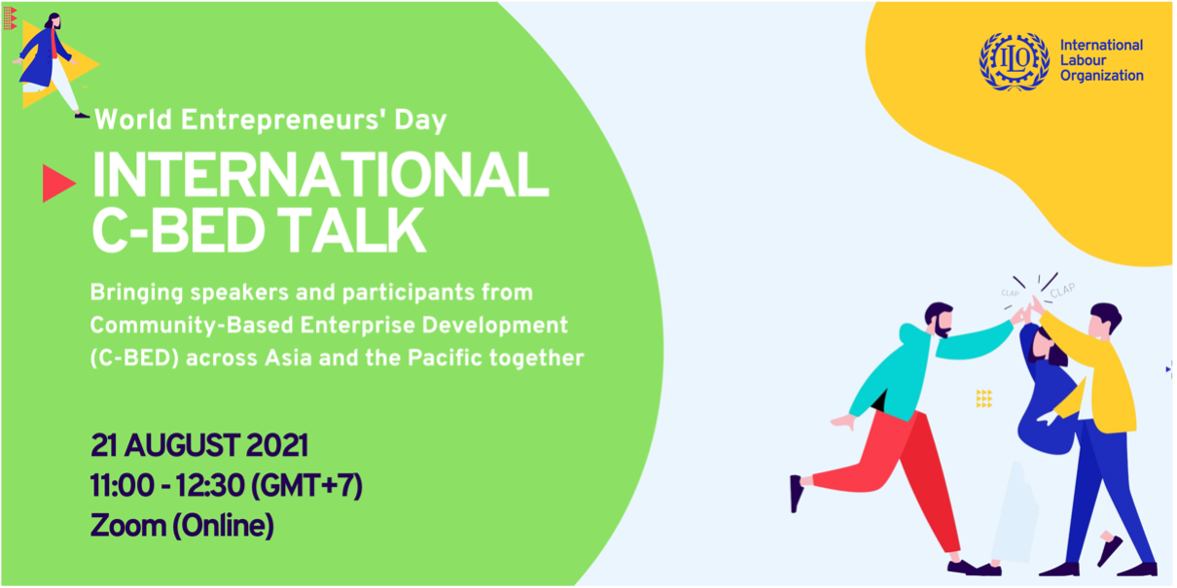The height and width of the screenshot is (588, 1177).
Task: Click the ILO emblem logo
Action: (1014, 61)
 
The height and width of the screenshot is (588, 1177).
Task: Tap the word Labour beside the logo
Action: (1083, 60)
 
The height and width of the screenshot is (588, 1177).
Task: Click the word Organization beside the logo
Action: (1101, 76)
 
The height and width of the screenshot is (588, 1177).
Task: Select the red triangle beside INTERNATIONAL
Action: (58, 184)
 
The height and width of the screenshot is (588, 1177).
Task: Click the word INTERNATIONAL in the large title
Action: (321, 175)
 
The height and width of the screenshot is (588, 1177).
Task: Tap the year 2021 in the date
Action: (277, 446)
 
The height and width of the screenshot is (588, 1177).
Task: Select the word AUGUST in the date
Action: (182, 446)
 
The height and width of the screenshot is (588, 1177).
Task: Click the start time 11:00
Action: (122, 485)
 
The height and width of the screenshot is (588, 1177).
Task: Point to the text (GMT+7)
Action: (306, 486)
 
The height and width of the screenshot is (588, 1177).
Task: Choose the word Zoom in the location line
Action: (128, 526)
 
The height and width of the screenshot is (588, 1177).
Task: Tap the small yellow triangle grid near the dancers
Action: (984, 398)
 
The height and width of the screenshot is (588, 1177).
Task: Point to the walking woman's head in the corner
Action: (53, 21)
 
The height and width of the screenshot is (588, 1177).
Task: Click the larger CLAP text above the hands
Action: (1063, 291)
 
